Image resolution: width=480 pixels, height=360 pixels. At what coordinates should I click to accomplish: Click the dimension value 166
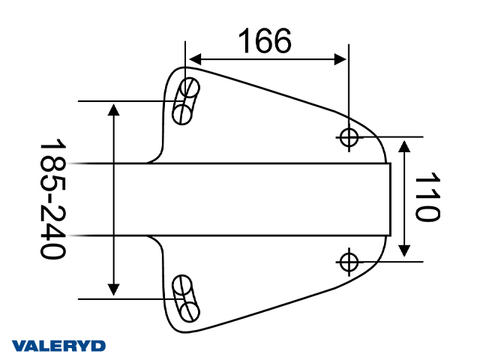pos(265,41)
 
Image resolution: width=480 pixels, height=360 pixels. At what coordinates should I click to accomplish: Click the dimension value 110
pos(426,198)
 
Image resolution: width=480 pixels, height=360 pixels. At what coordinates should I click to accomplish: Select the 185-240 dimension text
pos(53,199)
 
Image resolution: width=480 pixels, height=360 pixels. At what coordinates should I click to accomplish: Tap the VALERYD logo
pos(59,346)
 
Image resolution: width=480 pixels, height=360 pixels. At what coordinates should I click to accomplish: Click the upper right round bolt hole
pos(349,137)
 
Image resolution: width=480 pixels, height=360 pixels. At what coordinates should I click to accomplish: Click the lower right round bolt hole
pos(349,261)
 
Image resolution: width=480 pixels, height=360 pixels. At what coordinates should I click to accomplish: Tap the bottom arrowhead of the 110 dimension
pos(405,253)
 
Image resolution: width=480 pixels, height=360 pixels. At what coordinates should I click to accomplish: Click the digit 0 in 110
pos(426,212)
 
